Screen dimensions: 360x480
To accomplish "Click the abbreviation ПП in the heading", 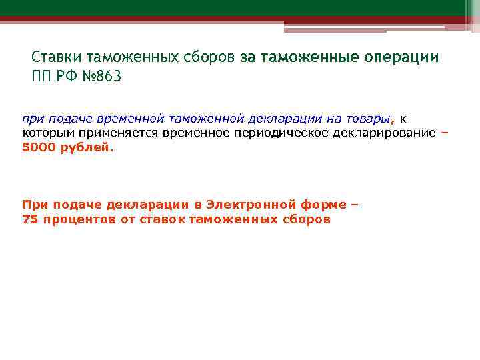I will pyautogui.click(x=41, y=76).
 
